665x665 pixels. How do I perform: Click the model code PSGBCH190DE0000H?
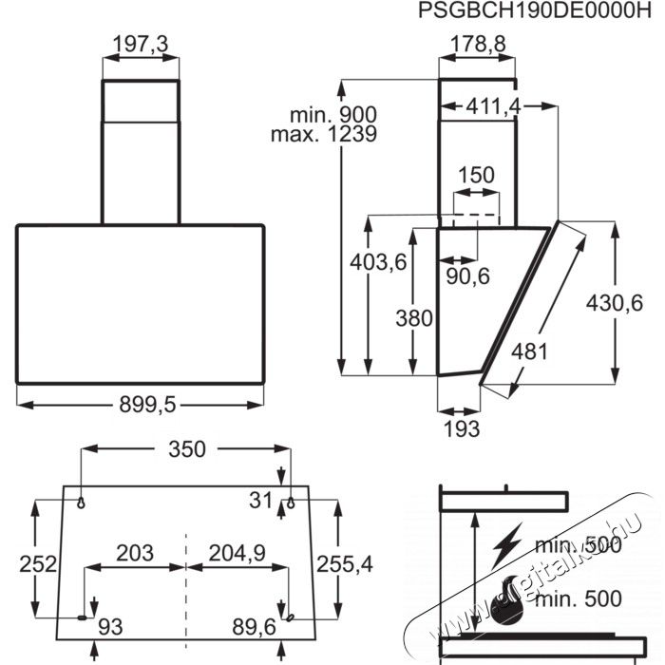(534, 10)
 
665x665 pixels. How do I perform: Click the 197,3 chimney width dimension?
(141, 45)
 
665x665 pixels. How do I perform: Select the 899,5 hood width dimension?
(147, 404)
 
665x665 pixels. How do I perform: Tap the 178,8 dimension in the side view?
(478, 44)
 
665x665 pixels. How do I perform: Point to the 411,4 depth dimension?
(493, 106)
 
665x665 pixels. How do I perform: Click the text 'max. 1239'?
(324, 135)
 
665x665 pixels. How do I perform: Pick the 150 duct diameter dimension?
(476, 175)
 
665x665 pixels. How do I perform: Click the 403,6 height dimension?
(378, 262)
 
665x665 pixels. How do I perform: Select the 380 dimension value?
(414, 318)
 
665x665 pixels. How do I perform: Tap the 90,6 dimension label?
(467, 276)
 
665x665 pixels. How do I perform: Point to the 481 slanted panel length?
(529, 351)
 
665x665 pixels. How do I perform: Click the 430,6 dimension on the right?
(614, 304)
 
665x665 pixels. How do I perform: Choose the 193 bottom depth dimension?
(462, 428)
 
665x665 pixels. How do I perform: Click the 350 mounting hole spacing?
(187, 448)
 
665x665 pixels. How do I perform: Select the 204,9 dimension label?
(237, 553)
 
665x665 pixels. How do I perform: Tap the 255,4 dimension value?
(344, 564)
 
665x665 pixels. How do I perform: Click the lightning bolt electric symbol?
(506, 546)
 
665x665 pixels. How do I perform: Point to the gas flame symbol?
(507, 600)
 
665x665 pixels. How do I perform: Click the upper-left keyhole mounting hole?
(81, 503)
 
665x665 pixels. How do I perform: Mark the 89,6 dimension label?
(254, 627)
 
